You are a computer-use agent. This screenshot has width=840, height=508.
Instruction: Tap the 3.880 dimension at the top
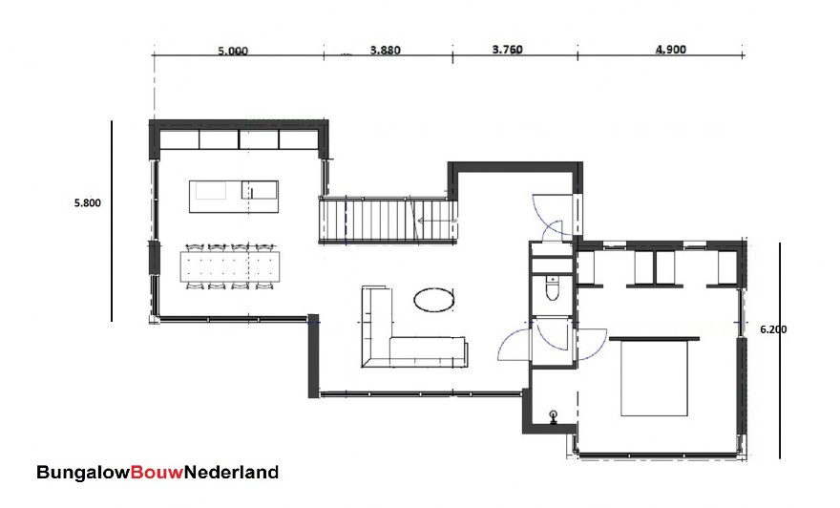coord(385,52)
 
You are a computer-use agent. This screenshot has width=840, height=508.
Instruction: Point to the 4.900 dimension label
coord(671,51)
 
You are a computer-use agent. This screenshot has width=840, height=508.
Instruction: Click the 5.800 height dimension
coord(87,202)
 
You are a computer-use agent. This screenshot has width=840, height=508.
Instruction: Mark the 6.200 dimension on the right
coord(773,328)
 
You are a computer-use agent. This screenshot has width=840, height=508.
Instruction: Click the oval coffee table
coord(434,300)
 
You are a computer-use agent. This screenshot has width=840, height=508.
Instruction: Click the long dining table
coord(229,264)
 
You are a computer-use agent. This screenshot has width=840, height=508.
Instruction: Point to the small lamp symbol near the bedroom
coord(554,415)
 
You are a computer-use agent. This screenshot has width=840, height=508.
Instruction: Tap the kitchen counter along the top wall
coord(239,139)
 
